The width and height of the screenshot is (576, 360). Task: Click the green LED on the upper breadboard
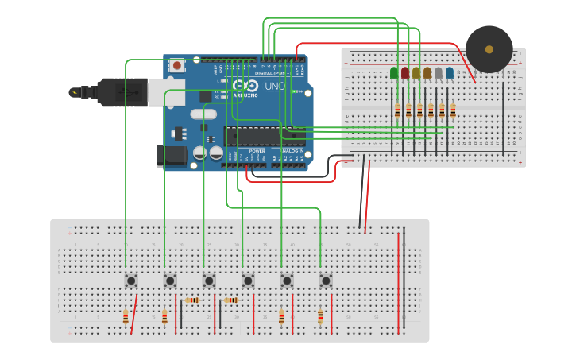[x=394, y=73]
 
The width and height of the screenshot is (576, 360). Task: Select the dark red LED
[x=405, y=73]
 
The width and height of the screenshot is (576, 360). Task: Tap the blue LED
[x=450, y=73]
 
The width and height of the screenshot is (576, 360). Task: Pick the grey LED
[x=439, y=73]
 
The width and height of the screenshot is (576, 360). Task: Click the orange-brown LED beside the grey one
[x=427, y=73]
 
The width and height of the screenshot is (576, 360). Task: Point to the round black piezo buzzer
[x=489, y=49]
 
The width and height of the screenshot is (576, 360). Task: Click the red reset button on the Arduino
[x=176, y=64]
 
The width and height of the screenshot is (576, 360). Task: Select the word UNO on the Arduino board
[x=274, y=86]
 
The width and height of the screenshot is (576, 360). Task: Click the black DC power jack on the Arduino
[x=171, y=156]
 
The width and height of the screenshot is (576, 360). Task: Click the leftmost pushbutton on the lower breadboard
[x=130, y=280]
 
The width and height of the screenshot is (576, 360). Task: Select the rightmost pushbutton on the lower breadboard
[x=326, y=280]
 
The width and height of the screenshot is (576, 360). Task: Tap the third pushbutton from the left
[x=209, y=280]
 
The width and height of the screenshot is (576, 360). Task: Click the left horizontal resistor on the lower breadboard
[x=192, y=300]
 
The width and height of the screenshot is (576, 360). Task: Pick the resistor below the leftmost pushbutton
[x=126, y=317]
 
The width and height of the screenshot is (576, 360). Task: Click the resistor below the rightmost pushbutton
[x=320, y=317]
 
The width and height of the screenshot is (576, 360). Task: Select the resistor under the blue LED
[x=453, y=110]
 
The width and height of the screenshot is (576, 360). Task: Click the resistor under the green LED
[x=397, y=110]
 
